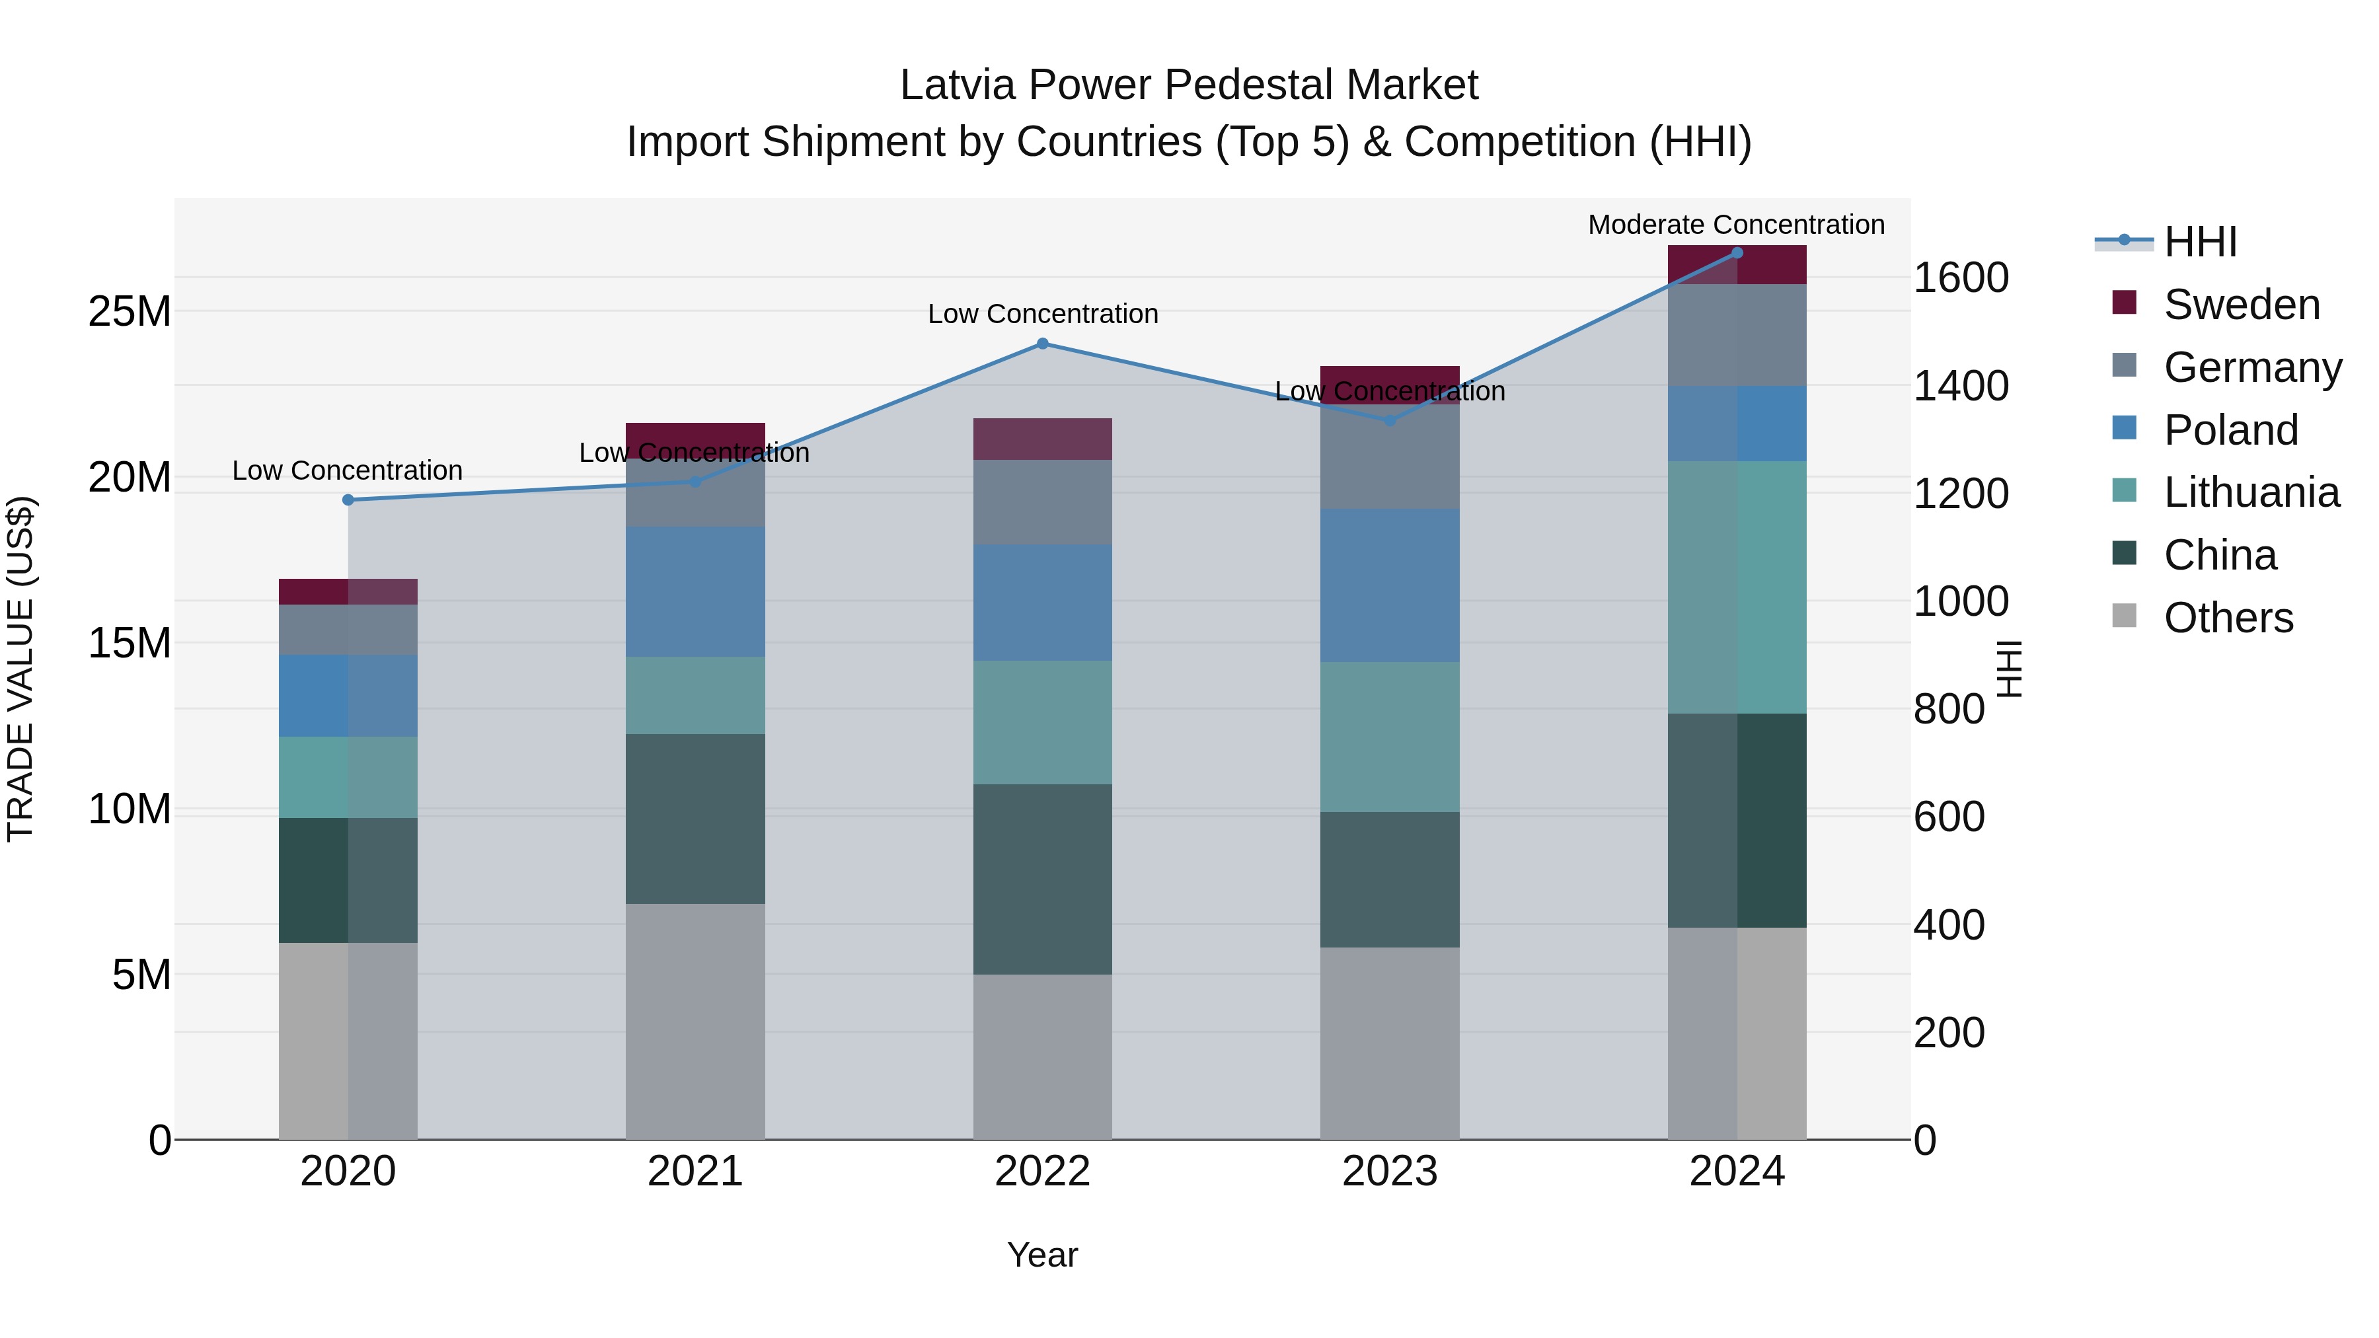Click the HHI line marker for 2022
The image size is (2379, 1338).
[x=1043, y=344]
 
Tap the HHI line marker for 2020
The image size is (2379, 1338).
[x=348, y=500]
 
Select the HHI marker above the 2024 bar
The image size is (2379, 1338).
[x=1737, y=253]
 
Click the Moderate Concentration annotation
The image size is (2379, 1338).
[x=1736, y=225]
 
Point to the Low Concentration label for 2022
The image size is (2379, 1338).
[x=1043, y=314]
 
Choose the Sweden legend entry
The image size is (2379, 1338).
[x=2242, y=305]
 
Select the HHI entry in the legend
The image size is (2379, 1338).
[x=2200, y=242]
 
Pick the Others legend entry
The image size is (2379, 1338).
[x=2228, y=618]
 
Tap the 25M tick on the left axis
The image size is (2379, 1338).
[x=130, y=312]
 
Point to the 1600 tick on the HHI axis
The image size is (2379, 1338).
[x=1961, y=278]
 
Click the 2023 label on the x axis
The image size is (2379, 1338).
[x=1390, y=1171]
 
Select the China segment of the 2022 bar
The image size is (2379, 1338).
[x=1043, y=879]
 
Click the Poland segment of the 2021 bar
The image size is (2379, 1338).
[x=695, y=592]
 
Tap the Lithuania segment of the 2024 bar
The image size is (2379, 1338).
[x=1737, y=587]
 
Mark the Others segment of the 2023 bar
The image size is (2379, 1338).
[x=1390, y=1043]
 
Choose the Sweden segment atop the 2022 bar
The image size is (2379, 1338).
[x=1043, y=439]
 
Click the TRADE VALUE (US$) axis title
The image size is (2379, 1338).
[x=20, y=669]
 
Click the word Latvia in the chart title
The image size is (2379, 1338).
[x=958, y=86]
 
